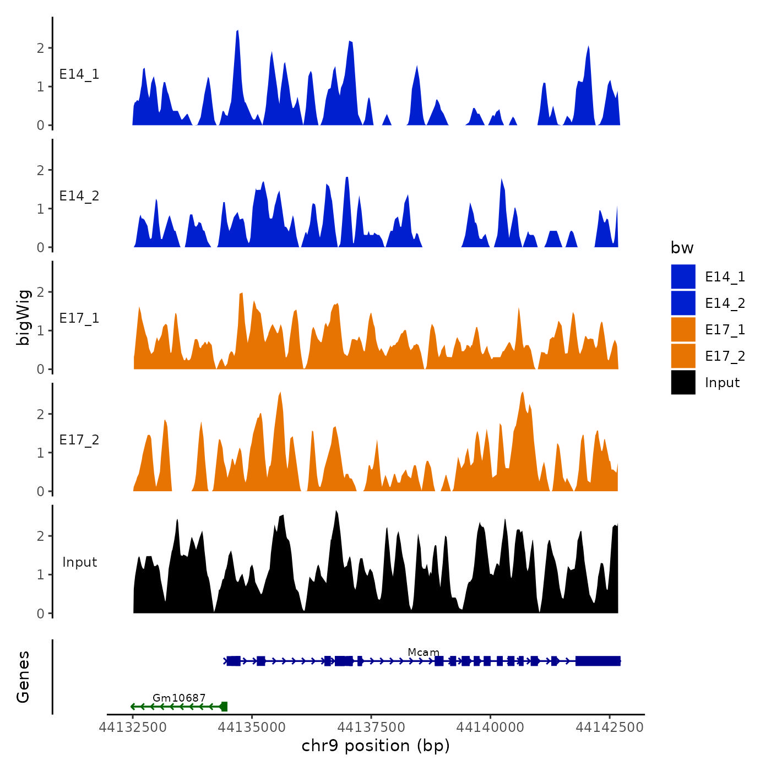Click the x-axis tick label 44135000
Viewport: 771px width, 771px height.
(x=252, y=727)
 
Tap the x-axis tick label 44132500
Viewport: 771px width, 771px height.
(x=133, y=727)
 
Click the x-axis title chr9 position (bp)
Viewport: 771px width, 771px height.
(x=376, y=746)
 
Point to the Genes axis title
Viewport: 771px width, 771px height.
(x=23, y=677)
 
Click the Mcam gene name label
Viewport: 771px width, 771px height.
(x=423, y=653)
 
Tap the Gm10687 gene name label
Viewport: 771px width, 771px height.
(x=179, y=698)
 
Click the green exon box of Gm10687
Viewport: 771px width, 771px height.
(x=224, y=707)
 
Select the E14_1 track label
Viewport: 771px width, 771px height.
(x=79, y=74)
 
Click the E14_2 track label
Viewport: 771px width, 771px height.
(x=79, y=196)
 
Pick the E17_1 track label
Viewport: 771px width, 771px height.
(x=79, y=318)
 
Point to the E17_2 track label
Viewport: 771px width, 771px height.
(x=79, y=440)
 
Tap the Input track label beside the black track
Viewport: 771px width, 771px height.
(x=79, y=562)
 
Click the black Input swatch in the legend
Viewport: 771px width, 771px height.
(x=683, y=383)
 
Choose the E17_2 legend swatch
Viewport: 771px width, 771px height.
(x=683, y=356)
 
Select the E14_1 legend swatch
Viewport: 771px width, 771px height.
(x=683, y=276)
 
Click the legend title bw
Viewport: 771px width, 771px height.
(x=682, y=248)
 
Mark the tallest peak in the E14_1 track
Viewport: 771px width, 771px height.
(x=237, y=32)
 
